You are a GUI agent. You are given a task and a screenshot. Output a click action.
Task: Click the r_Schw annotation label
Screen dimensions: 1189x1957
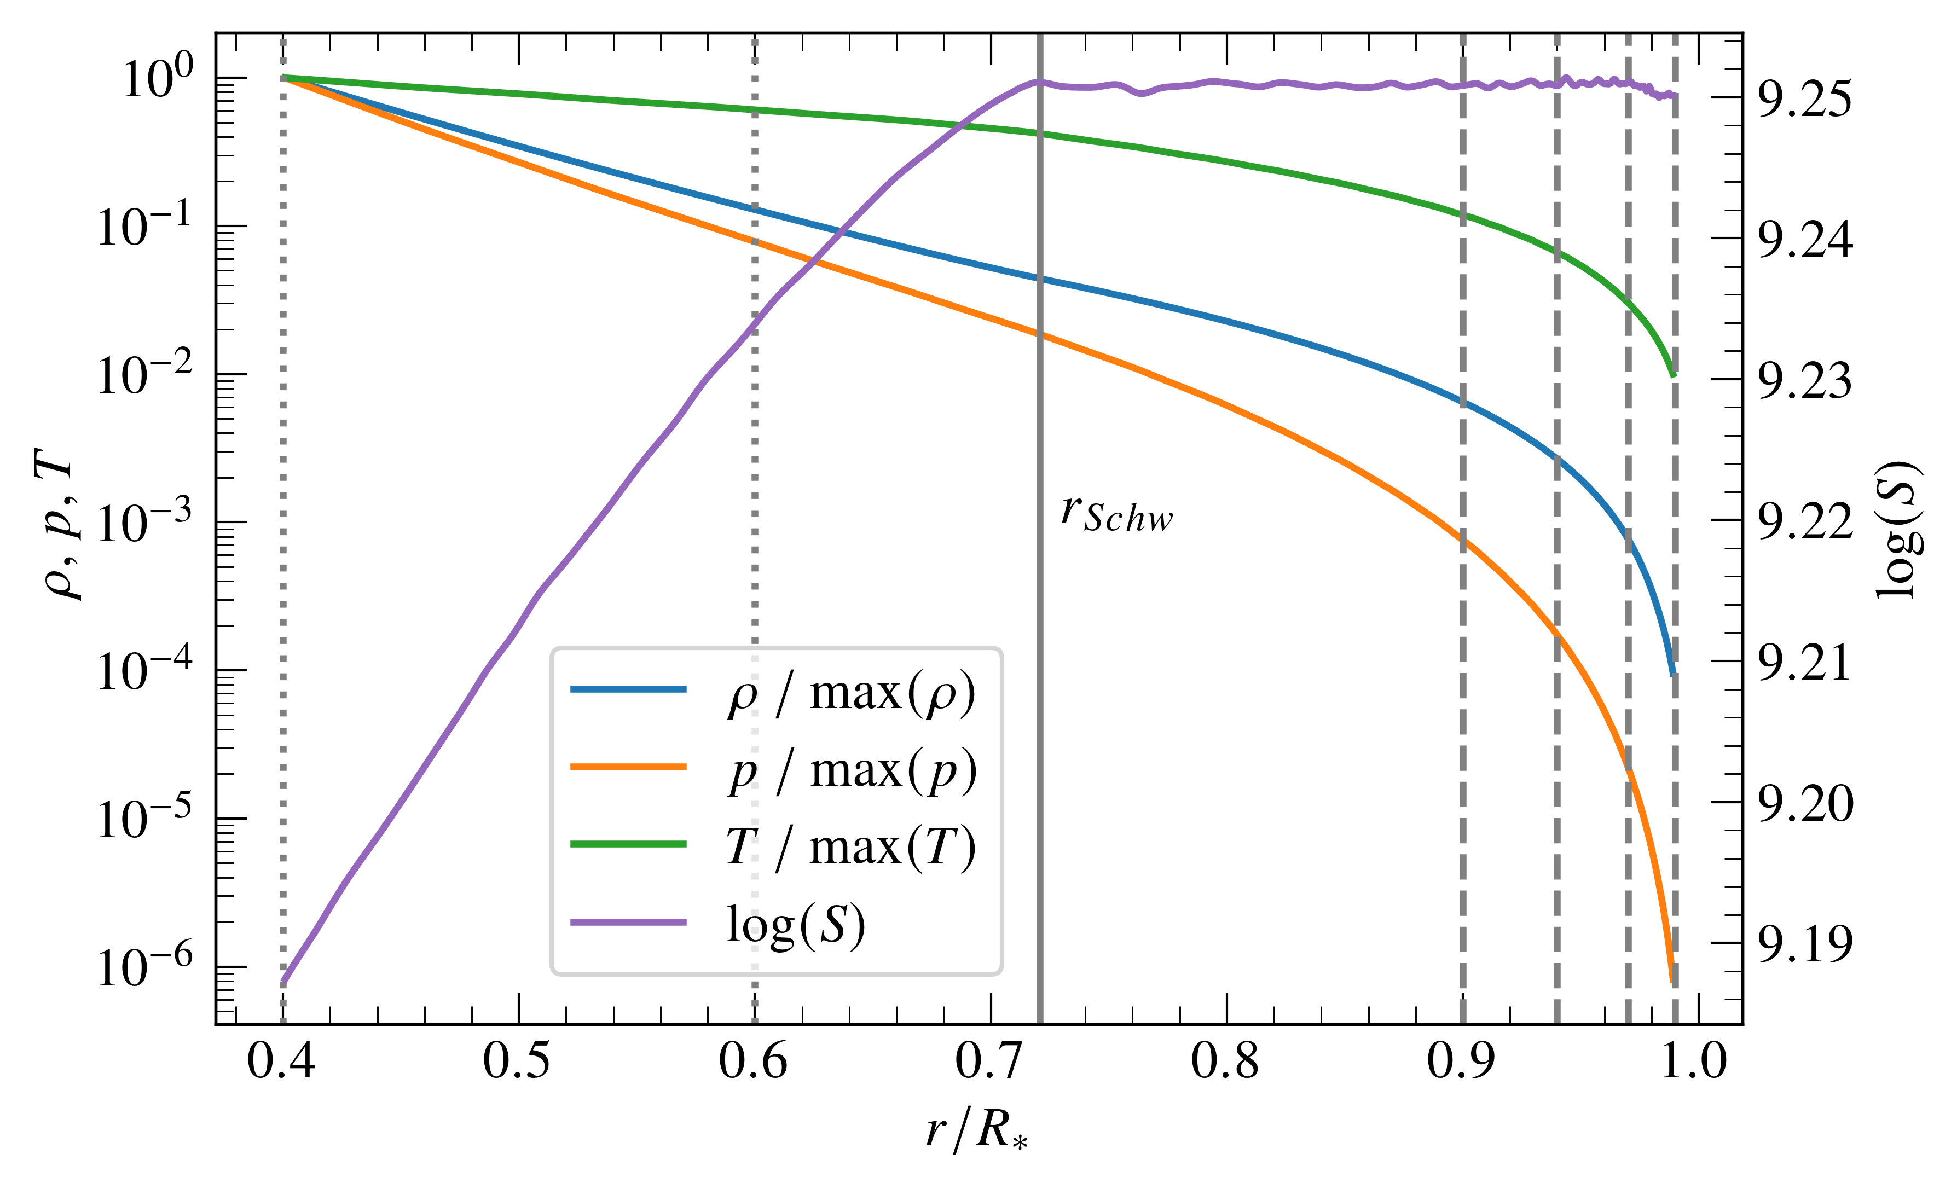tap(1116, 513)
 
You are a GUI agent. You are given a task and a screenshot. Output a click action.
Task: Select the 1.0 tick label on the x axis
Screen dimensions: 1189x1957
tap(1695, 1061)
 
